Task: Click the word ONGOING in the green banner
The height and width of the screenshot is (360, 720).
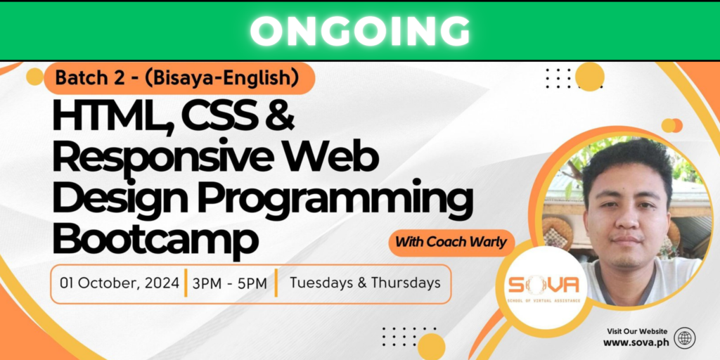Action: pos(359,31)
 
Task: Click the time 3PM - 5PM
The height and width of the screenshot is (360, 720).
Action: pos(229,283)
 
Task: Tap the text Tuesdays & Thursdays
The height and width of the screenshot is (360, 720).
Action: pos(365,283)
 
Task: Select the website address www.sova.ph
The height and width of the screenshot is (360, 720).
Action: pos(635,342)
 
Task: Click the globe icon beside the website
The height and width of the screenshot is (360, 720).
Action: pos(684,338)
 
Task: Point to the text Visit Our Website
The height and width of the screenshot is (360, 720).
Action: pos(636,331)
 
